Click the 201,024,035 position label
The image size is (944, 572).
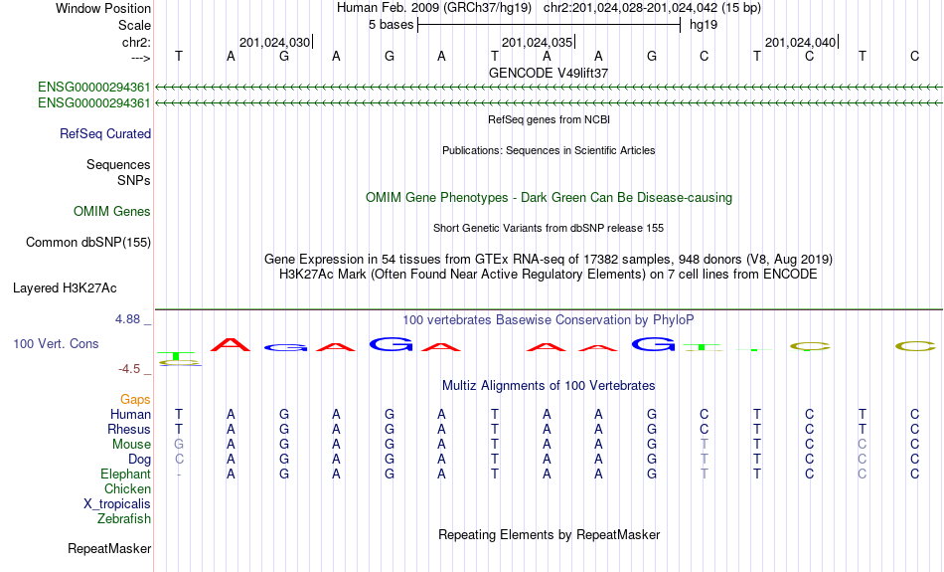click(537, 42)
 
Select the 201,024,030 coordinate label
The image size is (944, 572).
click(274, 42)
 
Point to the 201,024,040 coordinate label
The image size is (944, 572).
click(800, 42)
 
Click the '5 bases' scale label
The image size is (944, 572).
click(392, 25)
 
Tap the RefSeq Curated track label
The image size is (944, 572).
click(105, 134)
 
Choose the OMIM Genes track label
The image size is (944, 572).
click(112, 212)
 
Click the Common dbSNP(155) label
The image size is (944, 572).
click(88, 243)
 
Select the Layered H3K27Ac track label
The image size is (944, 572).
click(65, 288)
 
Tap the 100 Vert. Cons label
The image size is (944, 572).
click(56, 343)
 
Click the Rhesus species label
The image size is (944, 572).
click(129, 429)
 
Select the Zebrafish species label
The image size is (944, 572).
click(124, 518)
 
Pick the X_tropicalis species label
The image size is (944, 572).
click(117, 504)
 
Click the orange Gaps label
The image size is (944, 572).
click(135, 400)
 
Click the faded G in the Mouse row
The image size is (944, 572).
click(179, 445)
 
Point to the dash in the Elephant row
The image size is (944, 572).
click(179, 475)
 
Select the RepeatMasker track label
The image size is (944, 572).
click(109, 548)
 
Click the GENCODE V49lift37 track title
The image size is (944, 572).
click(549, 73)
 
